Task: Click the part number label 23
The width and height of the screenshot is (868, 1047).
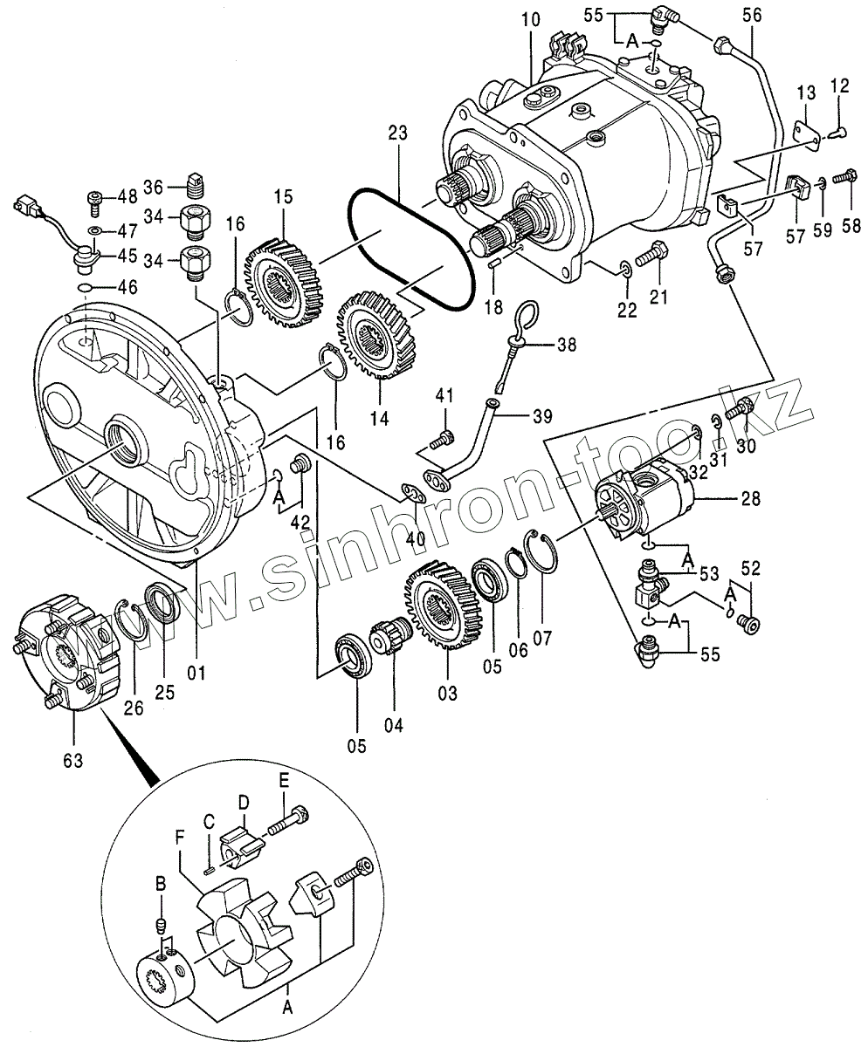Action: pyautogui.click(x=397, y=133)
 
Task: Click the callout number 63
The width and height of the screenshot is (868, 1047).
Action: pyautogui.click(x=72, y=761)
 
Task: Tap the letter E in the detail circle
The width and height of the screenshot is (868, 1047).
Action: pyautogui.click(x=285, y=791)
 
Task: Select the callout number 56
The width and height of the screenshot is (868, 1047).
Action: pyautogui.click(x=752, y=16)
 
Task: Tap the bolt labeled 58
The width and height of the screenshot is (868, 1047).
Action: pyautogui.click(x=847, y=176)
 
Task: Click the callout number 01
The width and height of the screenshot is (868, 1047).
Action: pyautogui.click(x=196, y=672)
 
